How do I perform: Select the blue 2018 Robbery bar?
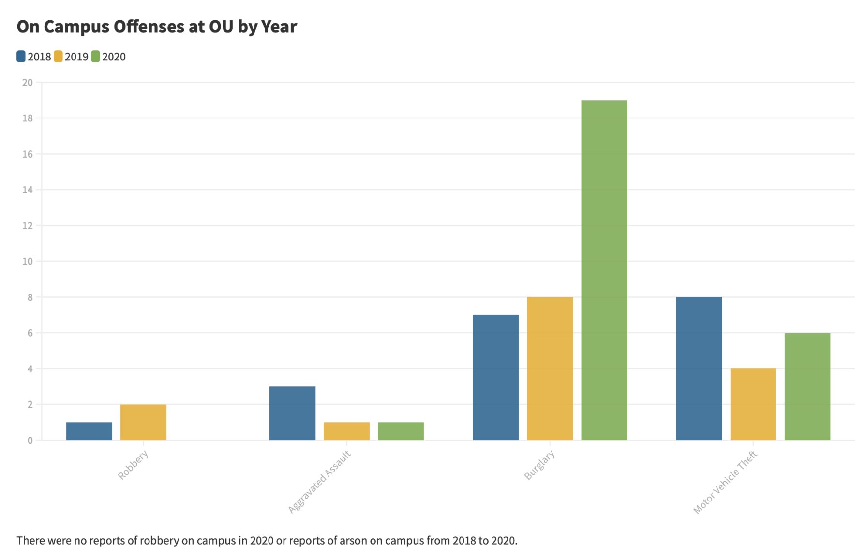[89, 431]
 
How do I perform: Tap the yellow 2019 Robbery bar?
[143, 422]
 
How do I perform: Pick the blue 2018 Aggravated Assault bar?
[292, 413]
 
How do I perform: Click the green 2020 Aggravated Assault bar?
[401, 431]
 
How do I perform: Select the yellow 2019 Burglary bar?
[550, 368]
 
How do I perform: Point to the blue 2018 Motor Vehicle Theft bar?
[699, 368]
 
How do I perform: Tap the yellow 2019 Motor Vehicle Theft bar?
[753, 404]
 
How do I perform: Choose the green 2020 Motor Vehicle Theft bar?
[807, 386]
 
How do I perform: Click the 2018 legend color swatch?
[21, 57]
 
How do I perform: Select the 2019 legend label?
[76, 57]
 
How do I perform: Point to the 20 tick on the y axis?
[28, 83]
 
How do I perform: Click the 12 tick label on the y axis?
[28, 226]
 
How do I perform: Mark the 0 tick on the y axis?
[30, 441]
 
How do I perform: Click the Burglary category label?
[539, 465]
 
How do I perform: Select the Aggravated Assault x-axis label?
[319, 482]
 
